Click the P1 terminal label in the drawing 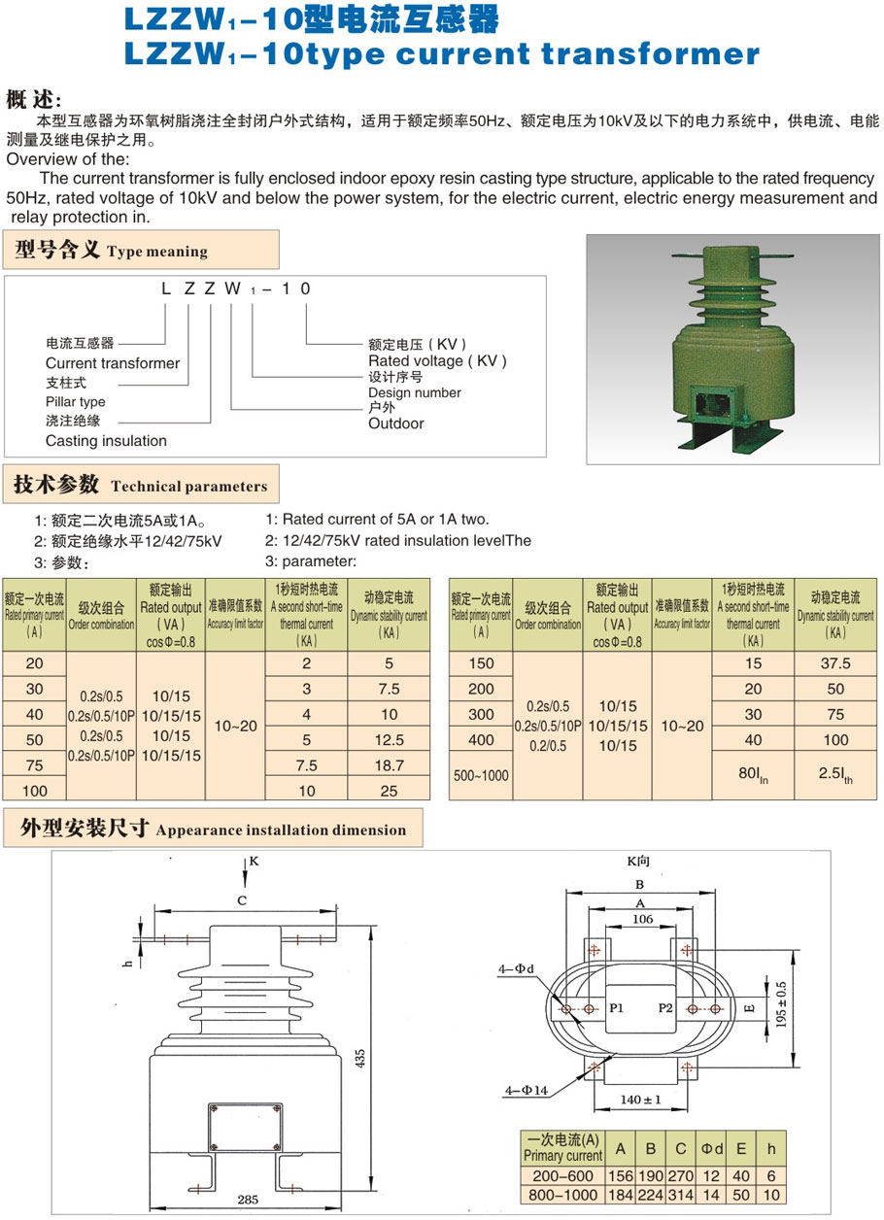617,1007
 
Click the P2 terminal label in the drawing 665,1007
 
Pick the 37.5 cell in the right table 835,663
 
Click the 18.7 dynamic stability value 389,765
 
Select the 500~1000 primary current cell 480,776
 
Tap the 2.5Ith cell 835,776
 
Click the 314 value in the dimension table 681,1195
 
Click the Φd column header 712,1149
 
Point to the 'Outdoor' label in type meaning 395,424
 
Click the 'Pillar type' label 75,402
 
